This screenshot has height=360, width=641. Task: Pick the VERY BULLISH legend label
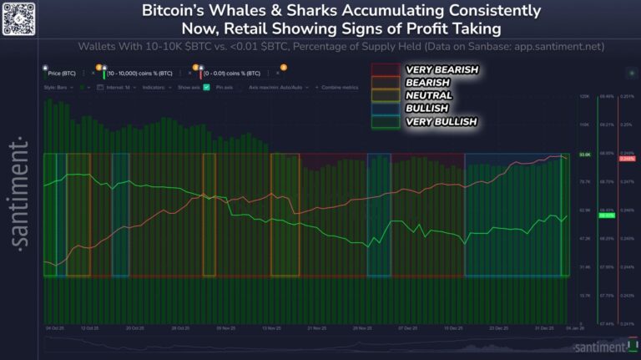441,122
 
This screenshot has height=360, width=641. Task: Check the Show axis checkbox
206,87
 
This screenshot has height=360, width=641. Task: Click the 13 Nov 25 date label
271,329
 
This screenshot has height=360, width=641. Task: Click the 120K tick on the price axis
584,97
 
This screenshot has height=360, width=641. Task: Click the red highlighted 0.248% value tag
628,158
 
